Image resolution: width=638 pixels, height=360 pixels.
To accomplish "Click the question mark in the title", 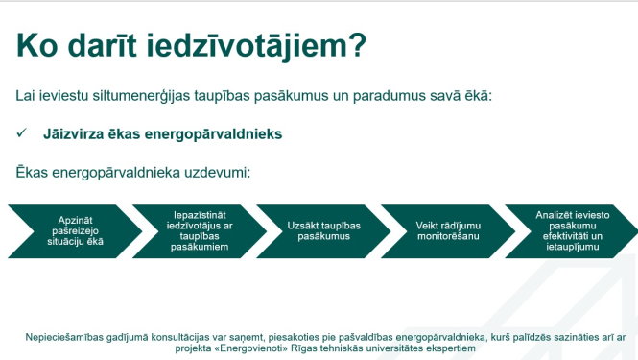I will click(357, 45).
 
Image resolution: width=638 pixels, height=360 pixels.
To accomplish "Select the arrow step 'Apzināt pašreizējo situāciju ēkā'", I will click(68, 231).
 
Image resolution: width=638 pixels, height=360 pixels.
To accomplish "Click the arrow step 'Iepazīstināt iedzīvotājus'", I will click(193, 231).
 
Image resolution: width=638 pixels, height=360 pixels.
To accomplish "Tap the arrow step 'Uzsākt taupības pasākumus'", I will click(317, 231).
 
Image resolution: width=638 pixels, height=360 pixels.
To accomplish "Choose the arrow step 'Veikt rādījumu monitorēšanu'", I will click(441, 231).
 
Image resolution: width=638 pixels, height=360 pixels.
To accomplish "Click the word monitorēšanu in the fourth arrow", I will click(440, 236).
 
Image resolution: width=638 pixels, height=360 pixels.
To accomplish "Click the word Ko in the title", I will click(36, 45).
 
